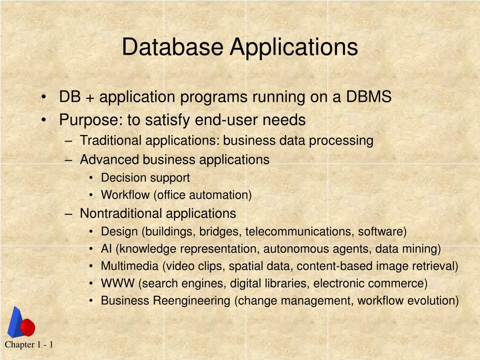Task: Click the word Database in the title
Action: (172, 47)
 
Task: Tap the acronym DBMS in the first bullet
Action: (368, 97)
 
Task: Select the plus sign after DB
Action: (90, 98)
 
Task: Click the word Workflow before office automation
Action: (125, 195)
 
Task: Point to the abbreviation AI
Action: (106, 248)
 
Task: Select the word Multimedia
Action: (130, 266)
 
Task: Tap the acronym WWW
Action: (118, 283)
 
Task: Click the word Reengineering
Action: (192, 301)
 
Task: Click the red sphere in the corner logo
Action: (28, 327)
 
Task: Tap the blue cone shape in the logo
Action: (15, 322)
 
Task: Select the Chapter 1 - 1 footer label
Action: (29, 345)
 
